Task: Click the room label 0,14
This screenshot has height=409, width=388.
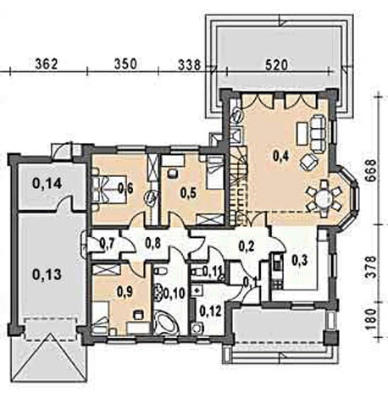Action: (x=47, y=184)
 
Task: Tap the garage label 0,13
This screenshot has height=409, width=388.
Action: (x=47, y=274)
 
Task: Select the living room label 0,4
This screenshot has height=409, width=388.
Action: (x=281, y=156)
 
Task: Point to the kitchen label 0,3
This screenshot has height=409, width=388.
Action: (x=300, y=260)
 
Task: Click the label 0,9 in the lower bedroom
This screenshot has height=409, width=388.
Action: (x=125, y=292)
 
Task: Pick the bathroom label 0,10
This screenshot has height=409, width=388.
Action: (x=175, y=294)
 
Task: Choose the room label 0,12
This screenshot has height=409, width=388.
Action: (x=210, y=311)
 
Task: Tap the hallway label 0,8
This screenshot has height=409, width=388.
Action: (x=153, y=243)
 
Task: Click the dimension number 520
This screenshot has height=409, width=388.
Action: (x=276, y=64)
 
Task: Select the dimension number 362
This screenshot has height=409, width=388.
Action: (x=47, y=64)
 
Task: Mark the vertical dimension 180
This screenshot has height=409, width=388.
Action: (x=372, y=319)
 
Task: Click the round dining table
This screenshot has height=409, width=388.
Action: (x=324, y=199)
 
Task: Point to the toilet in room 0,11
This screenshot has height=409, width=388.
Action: (x=197, y=273)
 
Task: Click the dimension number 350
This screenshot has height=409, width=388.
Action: (x=125, y=64)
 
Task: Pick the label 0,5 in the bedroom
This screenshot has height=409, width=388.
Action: (x=189, y=193)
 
